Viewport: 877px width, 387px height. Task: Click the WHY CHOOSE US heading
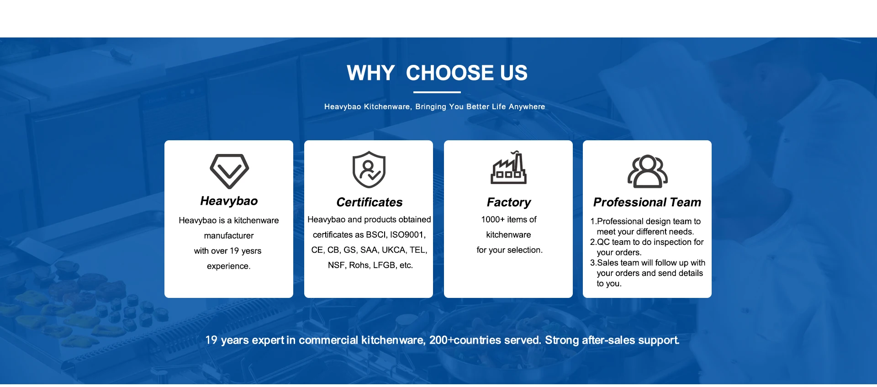(x=437, y=73)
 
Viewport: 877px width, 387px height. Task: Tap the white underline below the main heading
(x=437, y=92)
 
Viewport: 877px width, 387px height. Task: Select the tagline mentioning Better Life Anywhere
(x=434, y=106)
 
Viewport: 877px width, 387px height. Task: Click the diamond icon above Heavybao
(x=229, y=171)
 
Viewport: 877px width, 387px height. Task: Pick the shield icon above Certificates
(x=369, y=170)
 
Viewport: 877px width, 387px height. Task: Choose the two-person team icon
(x=648, y=172)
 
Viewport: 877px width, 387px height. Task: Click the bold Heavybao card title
(x=229, y=201)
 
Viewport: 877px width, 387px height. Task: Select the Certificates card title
(x=369, y=202)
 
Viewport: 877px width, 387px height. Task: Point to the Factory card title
(x=508, y=202)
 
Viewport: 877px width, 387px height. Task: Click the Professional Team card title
(x=647, y=202)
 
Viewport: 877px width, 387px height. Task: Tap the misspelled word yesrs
(x=251, y=251)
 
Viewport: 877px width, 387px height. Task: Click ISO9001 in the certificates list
(x=407, y=235)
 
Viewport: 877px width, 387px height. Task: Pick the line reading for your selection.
(x=509, y=250)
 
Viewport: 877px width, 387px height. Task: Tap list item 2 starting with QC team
(x=646, y=247)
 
